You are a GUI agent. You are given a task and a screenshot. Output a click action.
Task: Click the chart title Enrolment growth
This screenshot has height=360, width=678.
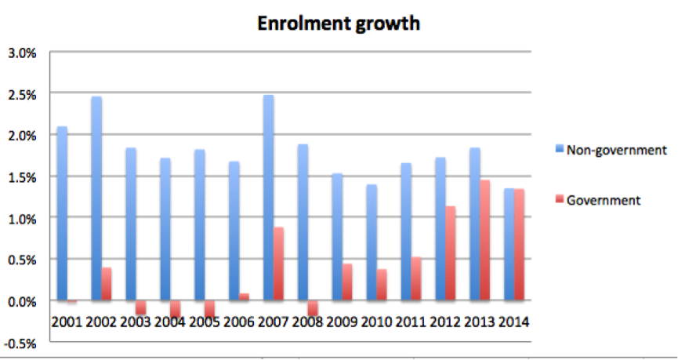tap(339, 24)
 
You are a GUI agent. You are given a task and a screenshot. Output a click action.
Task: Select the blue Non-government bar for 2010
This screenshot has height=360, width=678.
tap(372, 242)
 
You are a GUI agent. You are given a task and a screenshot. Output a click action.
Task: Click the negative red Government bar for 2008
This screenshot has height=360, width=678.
tap(314, 307)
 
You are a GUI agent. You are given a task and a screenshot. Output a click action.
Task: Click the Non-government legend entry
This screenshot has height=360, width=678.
tap(612, 150)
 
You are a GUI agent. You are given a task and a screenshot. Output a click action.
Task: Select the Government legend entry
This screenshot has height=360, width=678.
tap(604, 200)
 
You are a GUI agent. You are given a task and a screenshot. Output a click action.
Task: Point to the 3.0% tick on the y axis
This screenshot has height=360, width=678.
tap(21, 53)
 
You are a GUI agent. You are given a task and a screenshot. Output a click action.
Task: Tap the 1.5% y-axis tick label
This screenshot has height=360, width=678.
tap(21, 177)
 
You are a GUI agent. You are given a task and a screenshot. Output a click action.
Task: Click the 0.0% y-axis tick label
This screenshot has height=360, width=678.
tap(21, 301)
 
